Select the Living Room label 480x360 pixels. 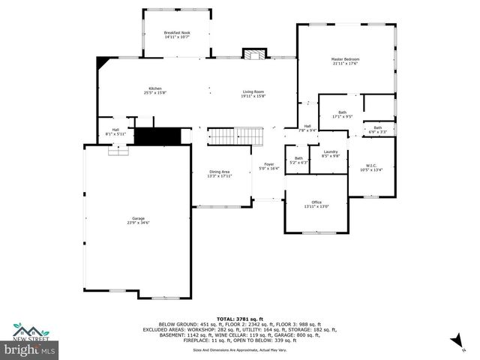point(253,94)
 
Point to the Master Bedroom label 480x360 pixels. point(346,61)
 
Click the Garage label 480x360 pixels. point(139,220)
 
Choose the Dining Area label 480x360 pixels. point(219,174)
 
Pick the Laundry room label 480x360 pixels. point(331,154)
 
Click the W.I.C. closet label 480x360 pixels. point(371,167)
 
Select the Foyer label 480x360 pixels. point(268,166)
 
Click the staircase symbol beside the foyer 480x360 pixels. point(237,137)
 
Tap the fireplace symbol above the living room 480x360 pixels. point(253,55)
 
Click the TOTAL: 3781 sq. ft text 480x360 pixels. point(240,319)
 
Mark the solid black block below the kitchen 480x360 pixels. point(159,136)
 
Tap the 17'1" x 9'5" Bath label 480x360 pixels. point(341,115)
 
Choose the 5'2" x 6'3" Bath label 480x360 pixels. point(298,160)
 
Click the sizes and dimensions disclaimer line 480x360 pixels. point(239,349)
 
